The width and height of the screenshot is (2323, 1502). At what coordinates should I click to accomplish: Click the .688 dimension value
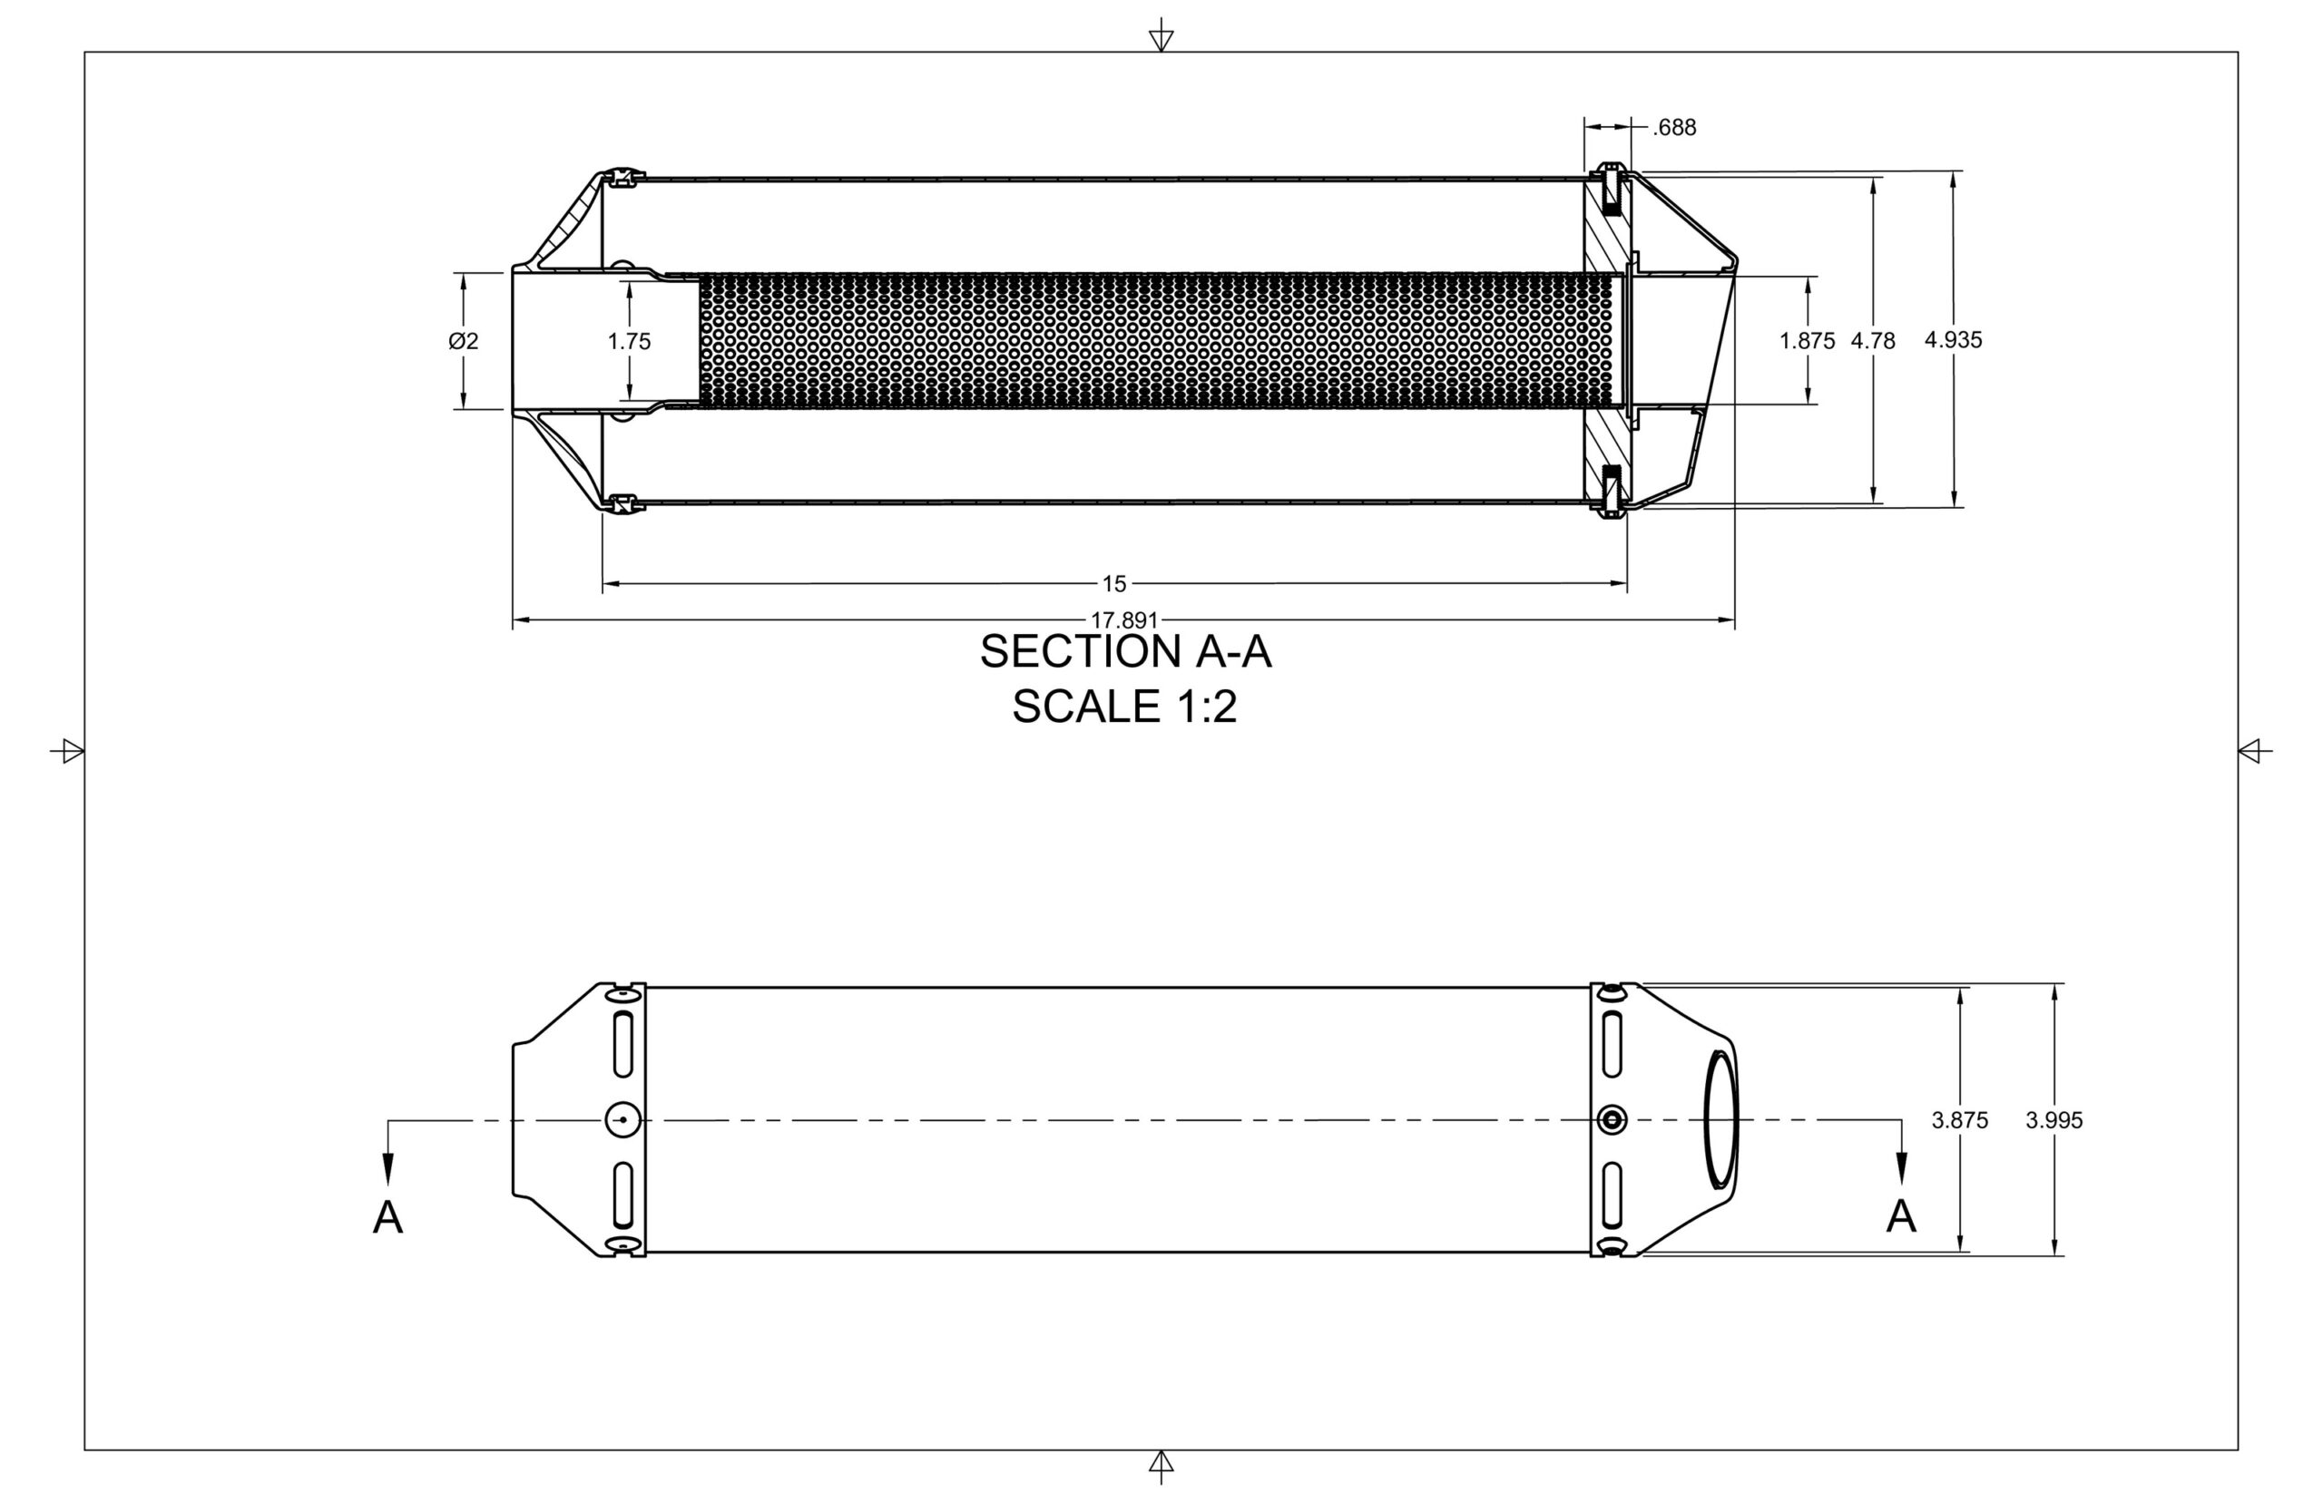pos(1674,128)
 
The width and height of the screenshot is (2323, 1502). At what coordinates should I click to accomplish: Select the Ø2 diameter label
pos(464,341)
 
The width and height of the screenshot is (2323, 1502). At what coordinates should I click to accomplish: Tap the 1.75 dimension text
pos(629,341)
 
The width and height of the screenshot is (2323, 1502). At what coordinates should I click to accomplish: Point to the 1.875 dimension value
pos(1807,341)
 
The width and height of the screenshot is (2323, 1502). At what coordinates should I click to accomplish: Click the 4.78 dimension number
pos(1872,341)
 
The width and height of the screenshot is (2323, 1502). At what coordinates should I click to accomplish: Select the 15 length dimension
pos(1114,584)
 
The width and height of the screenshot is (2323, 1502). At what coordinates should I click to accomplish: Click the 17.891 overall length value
pos(1124,619)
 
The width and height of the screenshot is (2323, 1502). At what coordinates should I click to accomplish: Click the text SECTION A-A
pos(1125,651)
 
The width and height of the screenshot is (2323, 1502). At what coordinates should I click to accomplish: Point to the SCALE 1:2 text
pos(1124,707)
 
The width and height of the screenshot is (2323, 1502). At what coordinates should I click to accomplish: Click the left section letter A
pos(388,1217)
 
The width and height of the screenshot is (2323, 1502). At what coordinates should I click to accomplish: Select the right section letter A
pos(1900,1216)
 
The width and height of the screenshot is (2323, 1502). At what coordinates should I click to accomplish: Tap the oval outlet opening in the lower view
pos(1721,1119)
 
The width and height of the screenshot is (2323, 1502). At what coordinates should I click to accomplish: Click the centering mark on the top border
pos(1161,37)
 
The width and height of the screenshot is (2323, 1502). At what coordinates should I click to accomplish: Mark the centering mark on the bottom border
pos(1161,1465)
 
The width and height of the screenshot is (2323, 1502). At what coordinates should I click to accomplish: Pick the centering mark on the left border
pos(69,751)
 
